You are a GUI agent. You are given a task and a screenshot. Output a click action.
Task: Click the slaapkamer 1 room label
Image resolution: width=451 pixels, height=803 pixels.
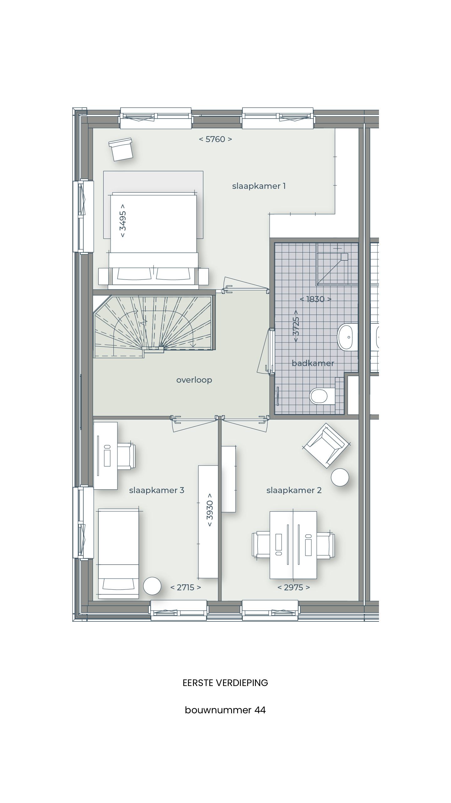259,186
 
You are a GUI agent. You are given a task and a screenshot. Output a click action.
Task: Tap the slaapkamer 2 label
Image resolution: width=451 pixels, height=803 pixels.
294,490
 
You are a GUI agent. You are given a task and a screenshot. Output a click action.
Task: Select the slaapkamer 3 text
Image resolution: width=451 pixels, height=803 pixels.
157,490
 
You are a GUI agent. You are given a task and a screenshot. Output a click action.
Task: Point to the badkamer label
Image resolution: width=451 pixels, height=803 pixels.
313,363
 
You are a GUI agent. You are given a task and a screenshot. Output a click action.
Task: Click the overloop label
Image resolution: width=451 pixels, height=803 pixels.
194,380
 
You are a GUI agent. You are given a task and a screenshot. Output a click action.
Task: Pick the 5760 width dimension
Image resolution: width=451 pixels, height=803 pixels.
215,139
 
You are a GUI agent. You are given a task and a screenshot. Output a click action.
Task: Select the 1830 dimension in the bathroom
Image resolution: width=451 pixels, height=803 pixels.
315,299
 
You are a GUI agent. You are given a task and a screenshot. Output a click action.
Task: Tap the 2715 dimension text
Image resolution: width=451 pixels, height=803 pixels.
186,588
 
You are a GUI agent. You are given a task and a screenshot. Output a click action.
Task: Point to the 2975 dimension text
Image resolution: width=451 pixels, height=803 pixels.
294,588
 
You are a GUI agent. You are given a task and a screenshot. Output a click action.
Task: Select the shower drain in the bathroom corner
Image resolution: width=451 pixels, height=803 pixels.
344,257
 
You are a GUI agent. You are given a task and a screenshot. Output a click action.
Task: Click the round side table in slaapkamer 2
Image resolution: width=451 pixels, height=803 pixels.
340,477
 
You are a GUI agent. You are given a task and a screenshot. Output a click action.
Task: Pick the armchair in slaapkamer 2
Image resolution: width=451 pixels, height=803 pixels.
326,445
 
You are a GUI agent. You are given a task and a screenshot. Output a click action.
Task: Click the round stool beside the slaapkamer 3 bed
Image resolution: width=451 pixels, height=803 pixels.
152,586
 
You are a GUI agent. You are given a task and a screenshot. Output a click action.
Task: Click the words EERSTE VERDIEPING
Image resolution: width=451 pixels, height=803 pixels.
225,683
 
